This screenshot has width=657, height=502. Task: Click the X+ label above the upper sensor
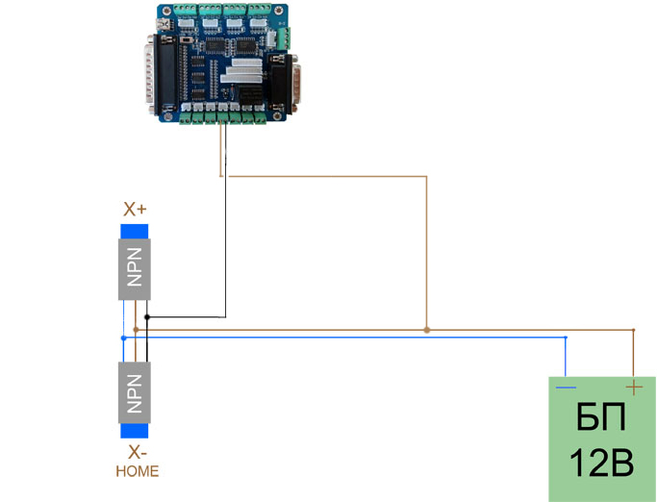tap(135, 209)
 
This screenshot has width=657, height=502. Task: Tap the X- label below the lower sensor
tap(135, 452)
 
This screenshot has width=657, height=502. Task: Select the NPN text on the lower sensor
tap(135, 392)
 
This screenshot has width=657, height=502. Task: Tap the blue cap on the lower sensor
tap(135, 430)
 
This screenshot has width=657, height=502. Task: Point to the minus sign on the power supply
tap(567, 388)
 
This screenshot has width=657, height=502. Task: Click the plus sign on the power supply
tap(634, 387)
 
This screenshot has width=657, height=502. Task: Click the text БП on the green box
tap(601, 419)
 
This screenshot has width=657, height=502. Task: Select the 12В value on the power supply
tap(601, 464)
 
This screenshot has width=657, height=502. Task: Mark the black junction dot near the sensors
tap(146, 316)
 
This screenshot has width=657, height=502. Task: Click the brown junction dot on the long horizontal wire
tap(426, 330)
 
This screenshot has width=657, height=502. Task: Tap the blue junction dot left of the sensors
tap(123, 338)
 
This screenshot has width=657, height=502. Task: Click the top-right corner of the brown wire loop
tap(426, 177)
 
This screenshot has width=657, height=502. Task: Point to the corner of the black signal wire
tap(225, 316)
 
